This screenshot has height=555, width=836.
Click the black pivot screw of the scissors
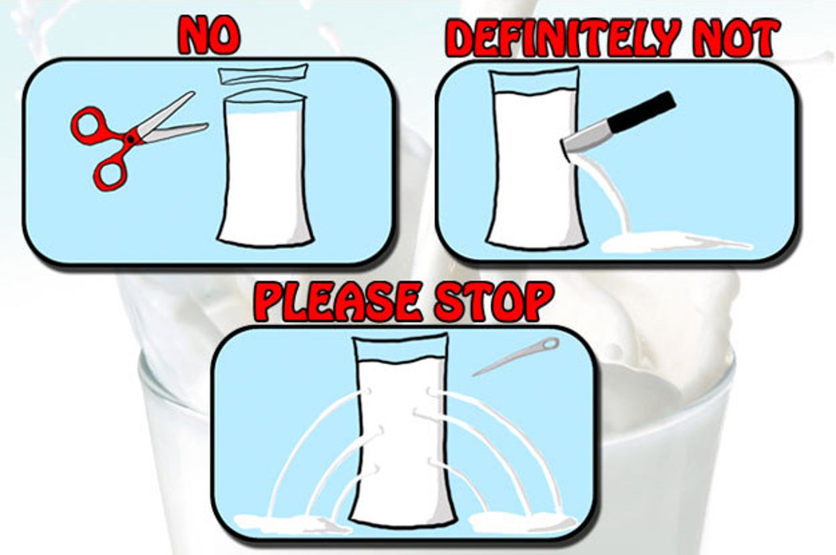[130, 139]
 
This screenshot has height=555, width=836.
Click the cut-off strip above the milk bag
[263, 75]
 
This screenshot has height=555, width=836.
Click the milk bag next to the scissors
[266, 168]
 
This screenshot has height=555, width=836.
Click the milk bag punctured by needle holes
[401, 429]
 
